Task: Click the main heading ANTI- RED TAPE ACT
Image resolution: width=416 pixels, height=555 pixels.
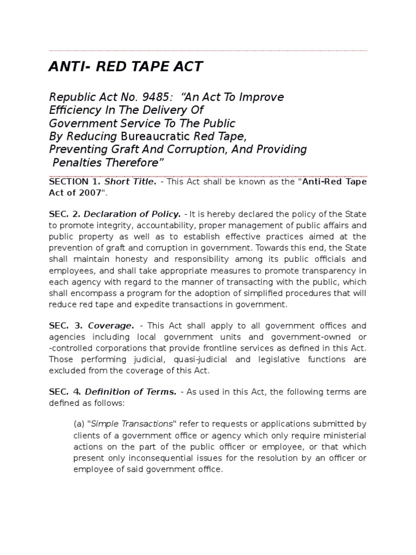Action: (x=126, y=67)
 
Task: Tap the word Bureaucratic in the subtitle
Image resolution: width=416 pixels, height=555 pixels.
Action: (x=153, y=136)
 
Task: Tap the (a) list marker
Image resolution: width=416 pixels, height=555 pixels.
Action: (x=80, y=424)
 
